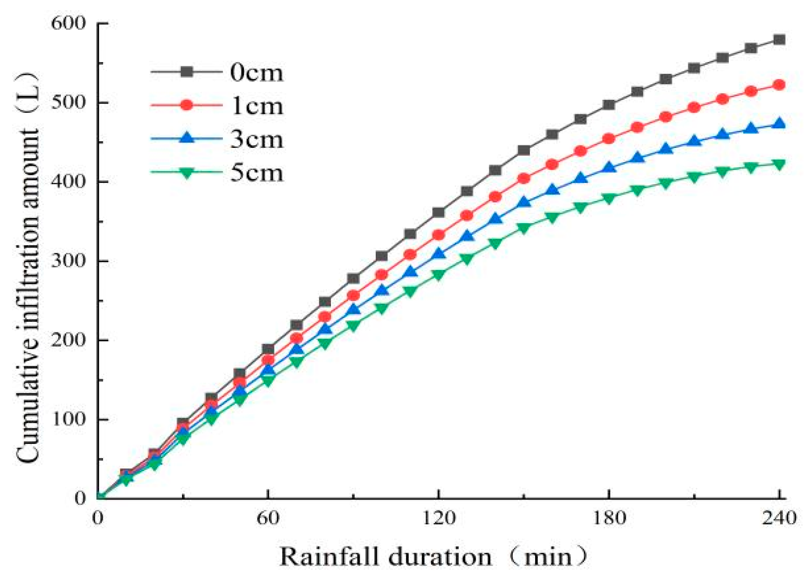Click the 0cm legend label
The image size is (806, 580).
[256, 73]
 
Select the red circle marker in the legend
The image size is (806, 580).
[187, 105]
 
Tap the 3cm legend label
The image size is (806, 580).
[256, 139]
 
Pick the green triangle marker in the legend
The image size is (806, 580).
[187, 172]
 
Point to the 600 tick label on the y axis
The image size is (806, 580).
[68, 23]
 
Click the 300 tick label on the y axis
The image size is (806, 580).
[68, 261]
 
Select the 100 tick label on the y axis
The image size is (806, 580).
[68, 419]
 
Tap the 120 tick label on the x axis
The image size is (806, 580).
[438, 518]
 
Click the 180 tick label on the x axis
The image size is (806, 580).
[608, 518]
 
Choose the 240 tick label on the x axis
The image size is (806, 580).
[779, 518]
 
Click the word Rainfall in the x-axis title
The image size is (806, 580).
[331, 557]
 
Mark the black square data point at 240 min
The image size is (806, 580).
[779, 39]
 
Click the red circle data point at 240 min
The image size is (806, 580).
[779, 85]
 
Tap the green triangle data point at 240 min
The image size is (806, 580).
[779, 164]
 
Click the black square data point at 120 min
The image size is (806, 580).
[438, 213]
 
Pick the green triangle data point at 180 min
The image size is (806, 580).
[608, 199]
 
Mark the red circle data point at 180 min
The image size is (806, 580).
[608, 139]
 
